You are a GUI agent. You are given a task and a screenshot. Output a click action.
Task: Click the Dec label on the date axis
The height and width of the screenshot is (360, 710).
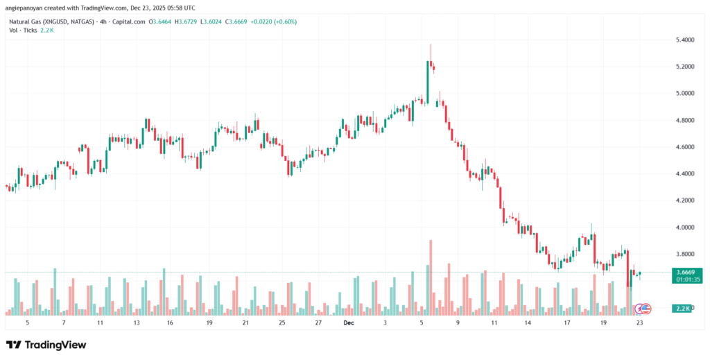349,323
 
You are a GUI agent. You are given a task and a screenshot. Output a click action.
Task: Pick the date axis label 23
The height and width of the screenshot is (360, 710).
640,323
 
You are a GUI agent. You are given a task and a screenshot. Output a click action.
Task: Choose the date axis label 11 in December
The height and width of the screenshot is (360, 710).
494,323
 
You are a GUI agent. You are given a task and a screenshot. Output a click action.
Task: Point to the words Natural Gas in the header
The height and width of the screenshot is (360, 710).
24,21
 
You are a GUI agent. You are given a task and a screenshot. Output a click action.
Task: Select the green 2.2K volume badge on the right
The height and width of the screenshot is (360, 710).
682,307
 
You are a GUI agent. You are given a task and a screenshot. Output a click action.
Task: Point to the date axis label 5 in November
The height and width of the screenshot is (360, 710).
27,323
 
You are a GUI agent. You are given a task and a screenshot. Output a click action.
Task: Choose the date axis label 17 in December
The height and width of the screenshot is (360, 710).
566,323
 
